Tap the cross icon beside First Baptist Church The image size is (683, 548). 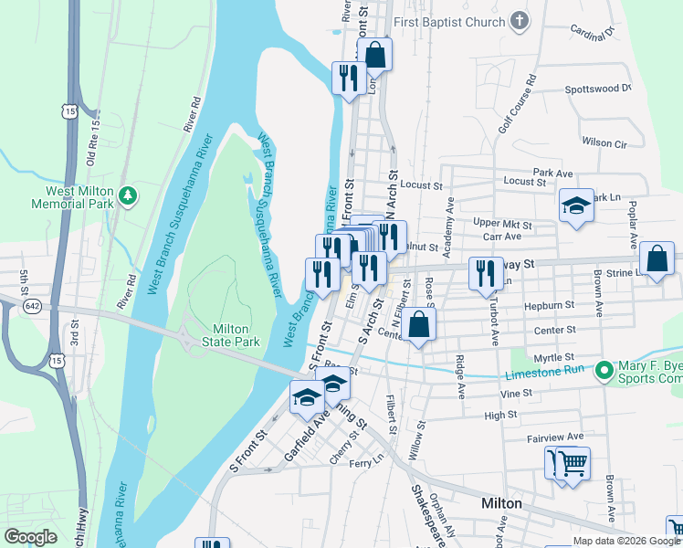click(520, 20)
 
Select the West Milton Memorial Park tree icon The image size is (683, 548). click(128, 195)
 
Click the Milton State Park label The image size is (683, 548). click(236, 335)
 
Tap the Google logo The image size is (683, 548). click(30, 537)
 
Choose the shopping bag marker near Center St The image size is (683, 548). click(418, 325)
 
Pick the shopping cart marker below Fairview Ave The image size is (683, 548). click(573, 464)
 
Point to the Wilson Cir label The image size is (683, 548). click(604, 143)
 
